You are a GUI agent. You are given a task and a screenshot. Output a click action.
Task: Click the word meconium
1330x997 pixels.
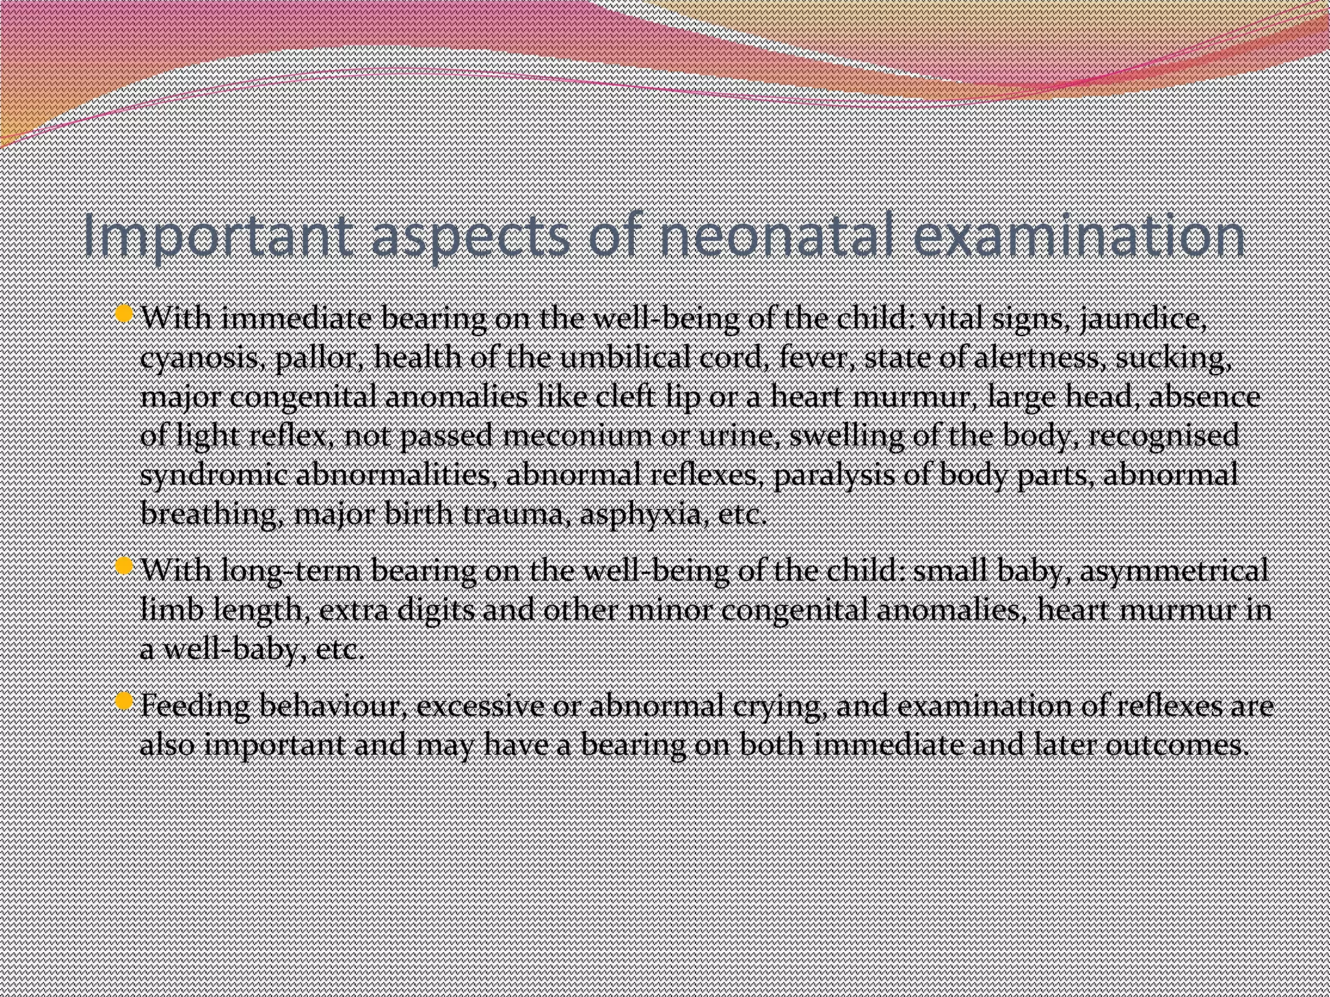click(x=577, y=436)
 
